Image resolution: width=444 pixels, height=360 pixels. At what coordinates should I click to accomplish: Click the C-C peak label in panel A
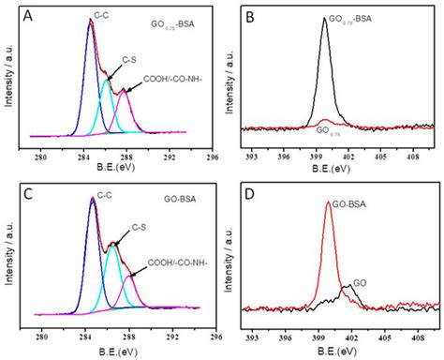click(102, 14)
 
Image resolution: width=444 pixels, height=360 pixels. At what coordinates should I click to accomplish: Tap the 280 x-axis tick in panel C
click(41, 334)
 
